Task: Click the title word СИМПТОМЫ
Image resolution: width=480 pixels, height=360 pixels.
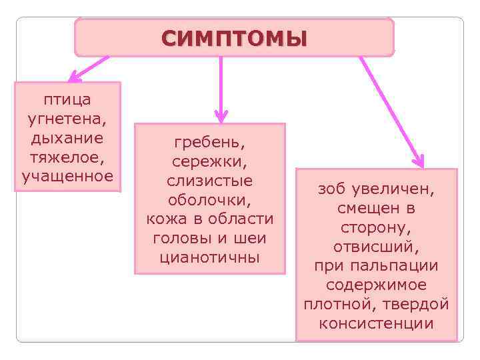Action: pyautogui.click(x=234, y=38)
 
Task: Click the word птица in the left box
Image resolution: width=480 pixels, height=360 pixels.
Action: pyautogui.click(x=67, y=99)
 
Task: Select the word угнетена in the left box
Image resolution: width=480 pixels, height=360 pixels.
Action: pyautogui.click(x=65, y=119)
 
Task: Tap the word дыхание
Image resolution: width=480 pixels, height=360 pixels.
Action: pyautogui.click(x=67, y=139)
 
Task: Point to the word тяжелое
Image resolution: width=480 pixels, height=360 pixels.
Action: pyautogui.click(x=66, y=158)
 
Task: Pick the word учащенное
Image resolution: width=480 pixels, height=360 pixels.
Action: pyautogui.click(x=67, y=177)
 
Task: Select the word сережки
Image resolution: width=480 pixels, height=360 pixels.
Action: pyautogui.click(x=208, y=161)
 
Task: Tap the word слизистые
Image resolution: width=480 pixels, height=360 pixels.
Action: pyautogui.click(x=209, y=181)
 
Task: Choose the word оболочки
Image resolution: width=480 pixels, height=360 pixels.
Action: pyautogui.click(x=209, y=200)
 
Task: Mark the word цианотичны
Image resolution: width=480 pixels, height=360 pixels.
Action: pyautogui.click(x=209, y=257)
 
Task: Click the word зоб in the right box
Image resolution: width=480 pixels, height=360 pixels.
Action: pyautogui.click(x=331, y=189)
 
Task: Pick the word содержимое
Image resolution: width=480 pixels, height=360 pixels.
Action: pyautogui.click(x=376, y=285)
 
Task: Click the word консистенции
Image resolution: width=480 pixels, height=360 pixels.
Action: pyautogui.click(x=376, y=324)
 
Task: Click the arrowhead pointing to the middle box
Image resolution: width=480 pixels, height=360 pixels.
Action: pyautogui.click(x=222, y=116)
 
